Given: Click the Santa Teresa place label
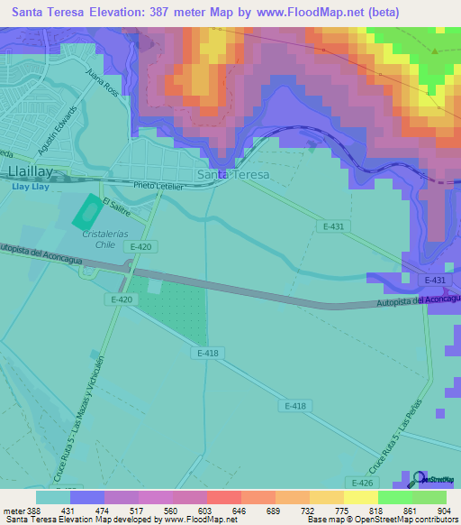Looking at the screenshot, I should coord(232,174).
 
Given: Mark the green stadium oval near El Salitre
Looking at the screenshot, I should coord(87,213).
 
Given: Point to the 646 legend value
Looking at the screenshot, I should coord(239,511).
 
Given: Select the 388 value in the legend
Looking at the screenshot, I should coord(35,511).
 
